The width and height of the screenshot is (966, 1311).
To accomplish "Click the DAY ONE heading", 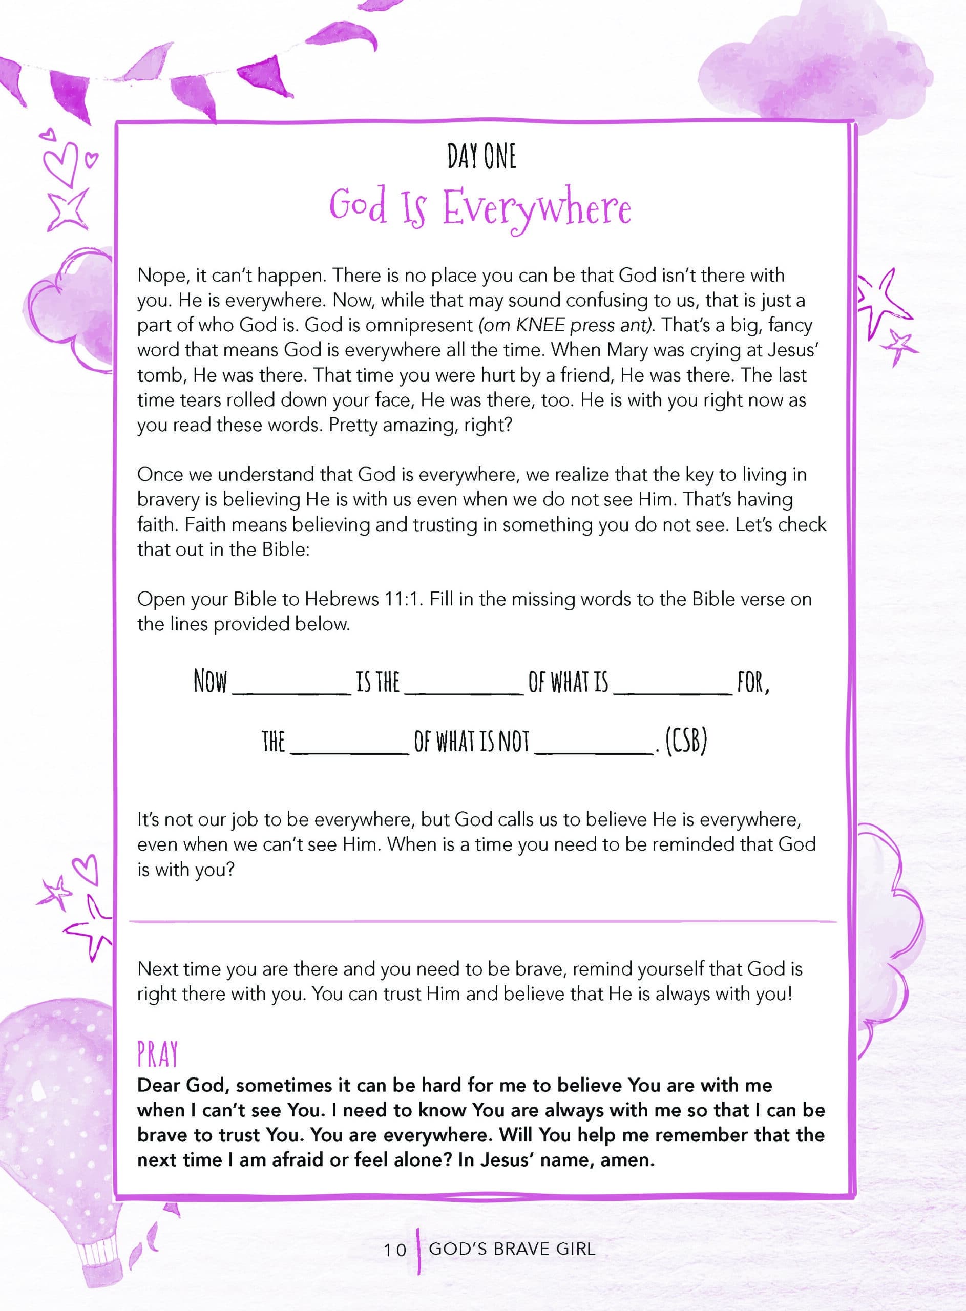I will click(482, 157).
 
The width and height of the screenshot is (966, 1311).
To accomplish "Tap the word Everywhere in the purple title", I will click(537, 208).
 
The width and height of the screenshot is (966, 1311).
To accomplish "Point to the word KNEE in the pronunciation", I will click(540, 325).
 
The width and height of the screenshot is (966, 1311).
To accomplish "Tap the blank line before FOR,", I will click(673, 690).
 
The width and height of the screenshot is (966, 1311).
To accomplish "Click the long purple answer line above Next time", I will click(482, 922).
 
